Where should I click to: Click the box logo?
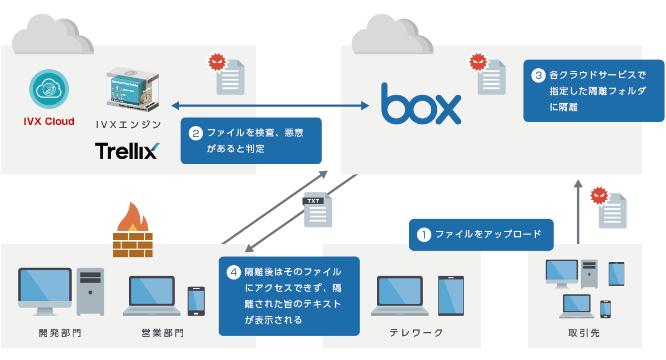[x=421, y=104]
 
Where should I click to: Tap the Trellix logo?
[x=127, y=151]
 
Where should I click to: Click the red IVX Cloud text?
[x=49, y=121]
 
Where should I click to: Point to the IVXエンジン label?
[x=129, y=125]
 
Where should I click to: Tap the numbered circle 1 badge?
[x=424, y=235]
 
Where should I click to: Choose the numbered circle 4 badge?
[x=234, y=272]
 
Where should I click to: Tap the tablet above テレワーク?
[x=451, y=296]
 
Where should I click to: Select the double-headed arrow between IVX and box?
[x=271, y=105]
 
